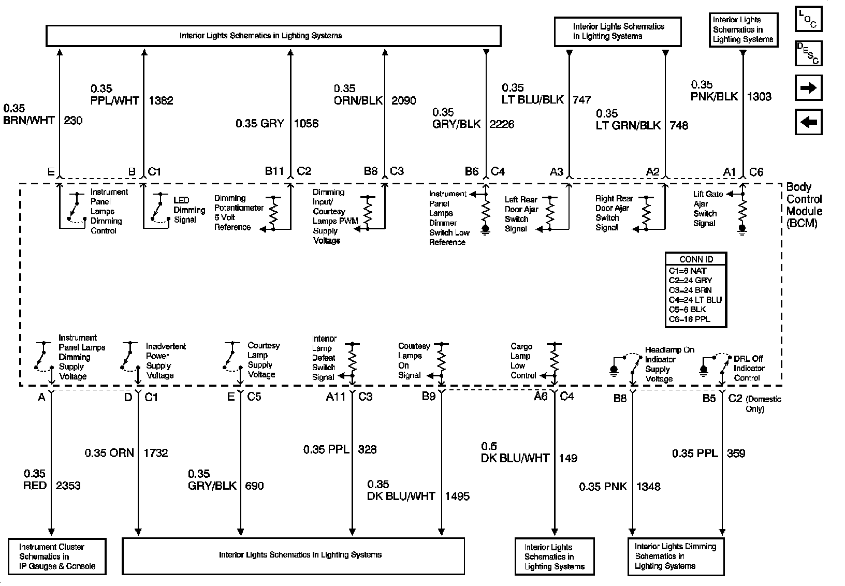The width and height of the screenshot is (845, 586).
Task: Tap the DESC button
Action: tap(808, 53)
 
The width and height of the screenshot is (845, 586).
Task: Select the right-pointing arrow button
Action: tap(808, 88)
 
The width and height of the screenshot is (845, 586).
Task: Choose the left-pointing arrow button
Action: tap(808, 122)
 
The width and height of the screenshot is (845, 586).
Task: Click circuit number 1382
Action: tap(161, 100)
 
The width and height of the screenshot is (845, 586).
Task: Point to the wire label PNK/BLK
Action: tap(714, 96)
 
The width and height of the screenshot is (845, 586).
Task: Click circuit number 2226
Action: tap(502, 124)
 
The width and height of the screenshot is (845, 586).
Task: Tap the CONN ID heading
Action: tap(696, 259)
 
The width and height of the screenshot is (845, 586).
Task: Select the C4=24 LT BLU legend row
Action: tap(695, 300)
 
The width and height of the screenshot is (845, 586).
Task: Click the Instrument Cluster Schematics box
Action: tap(57, 556)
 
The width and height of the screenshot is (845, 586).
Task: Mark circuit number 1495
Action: tap(457, 496)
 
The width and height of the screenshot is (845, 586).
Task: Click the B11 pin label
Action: tap(274, 171)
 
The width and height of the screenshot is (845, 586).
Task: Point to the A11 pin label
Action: tap(336, 397)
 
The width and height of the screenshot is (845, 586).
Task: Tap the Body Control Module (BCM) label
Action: tap(804, 205)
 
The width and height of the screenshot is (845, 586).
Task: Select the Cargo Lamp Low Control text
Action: tap(522, 361)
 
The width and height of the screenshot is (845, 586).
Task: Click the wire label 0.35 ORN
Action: tap(109, 453)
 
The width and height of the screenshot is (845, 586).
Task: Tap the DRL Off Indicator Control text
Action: tap(748, 368)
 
